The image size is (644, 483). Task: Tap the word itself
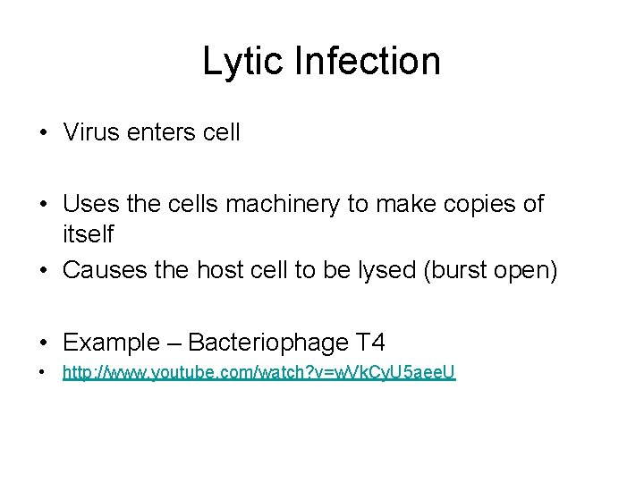88,234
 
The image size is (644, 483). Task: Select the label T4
370,342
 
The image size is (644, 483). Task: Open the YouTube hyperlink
258,373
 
